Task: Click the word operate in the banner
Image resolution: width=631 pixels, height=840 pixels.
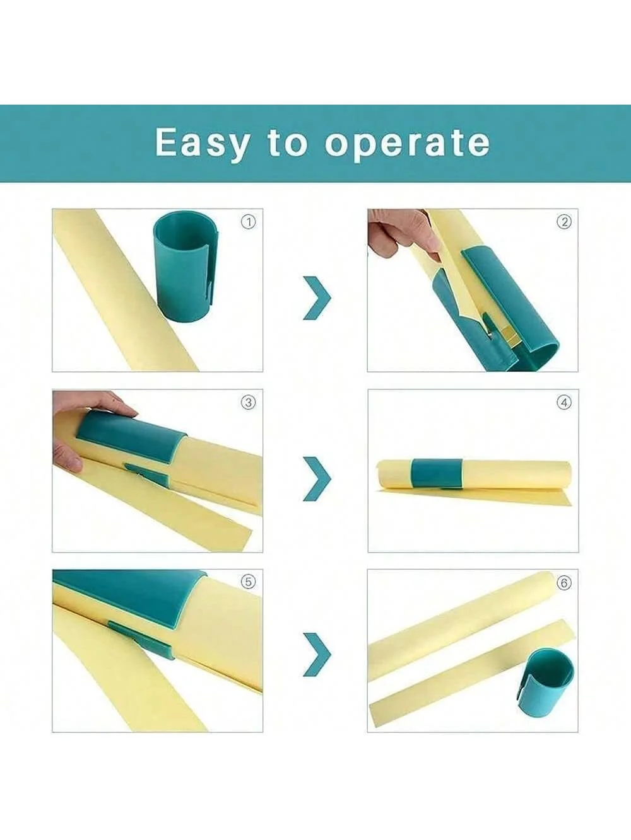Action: (x=407, y=144)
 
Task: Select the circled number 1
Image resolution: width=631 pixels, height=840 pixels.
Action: (x=249, y=222)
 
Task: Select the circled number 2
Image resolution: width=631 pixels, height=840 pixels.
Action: (x=564, y=222)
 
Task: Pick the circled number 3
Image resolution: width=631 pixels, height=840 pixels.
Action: (x=249, y=402)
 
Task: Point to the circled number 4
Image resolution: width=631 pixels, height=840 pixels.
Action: (x=564, y=402)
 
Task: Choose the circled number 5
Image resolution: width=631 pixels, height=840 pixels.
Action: (x=249, y=582)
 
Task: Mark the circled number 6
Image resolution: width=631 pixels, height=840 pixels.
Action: (x=564, y=583)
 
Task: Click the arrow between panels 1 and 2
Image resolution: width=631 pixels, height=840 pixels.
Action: (x=317, y=297)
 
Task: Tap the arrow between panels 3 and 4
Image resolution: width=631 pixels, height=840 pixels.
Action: (x=317, y=478)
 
